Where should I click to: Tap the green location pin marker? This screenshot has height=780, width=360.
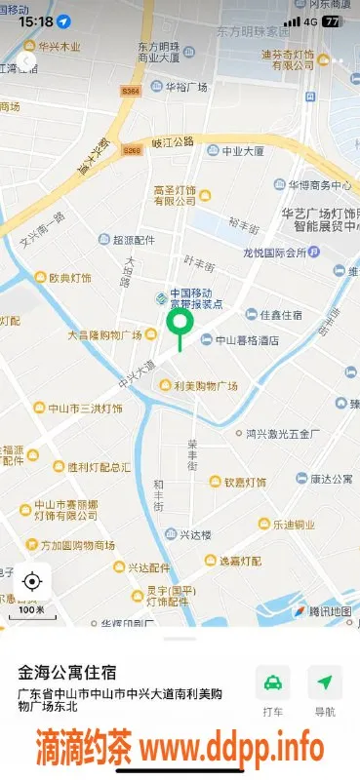click(x=180, y=324)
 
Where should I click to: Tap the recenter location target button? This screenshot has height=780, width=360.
click(x=31, y=582)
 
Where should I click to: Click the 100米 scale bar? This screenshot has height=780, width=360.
click(x=31, y=610)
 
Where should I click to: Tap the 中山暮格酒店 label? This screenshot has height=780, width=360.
click(x=248, y=340)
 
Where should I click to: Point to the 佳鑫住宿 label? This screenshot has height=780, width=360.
click(x=280, y=315)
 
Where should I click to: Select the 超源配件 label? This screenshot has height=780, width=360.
click(x=134, y=240)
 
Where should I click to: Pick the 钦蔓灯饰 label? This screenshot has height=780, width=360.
click(x=244, y=482)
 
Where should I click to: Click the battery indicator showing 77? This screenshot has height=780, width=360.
click(x=334, y=20)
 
